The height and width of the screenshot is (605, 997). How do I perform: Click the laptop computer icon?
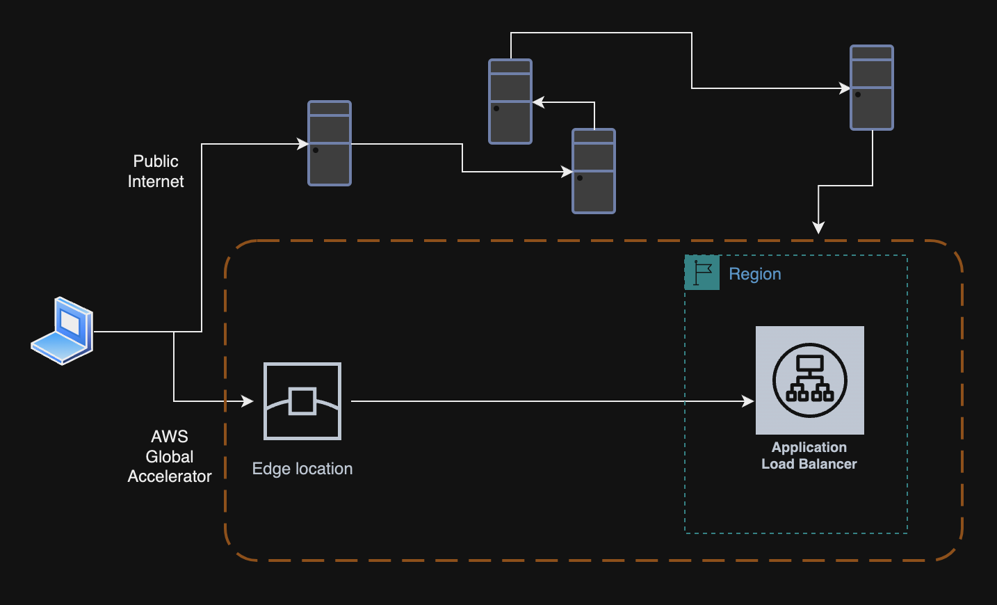tap(63, 331)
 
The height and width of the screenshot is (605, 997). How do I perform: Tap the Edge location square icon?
tap(302, 401)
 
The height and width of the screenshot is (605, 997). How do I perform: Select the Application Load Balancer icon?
tap(809, 380)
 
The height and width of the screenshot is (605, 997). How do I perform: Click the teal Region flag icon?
tap(702, 273)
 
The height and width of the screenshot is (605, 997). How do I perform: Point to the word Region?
tap(755, 274)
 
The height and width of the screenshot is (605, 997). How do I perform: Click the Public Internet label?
tap(156, 171)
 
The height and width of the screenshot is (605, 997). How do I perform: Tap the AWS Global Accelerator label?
tap(170, 456)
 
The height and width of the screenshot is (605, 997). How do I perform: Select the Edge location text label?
tap(302, 469)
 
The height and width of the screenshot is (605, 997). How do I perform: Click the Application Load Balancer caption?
tap(809, 455)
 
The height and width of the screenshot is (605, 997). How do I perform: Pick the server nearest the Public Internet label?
tap(330, 143)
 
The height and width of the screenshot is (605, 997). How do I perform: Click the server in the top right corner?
tap(871, 88)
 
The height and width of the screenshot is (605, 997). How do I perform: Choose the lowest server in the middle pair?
tap(594, 171)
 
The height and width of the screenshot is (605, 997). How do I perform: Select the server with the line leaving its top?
tap(510, 102)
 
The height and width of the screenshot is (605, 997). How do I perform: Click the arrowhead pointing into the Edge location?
tap(248, 401)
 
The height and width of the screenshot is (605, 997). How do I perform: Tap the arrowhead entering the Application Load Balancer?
tap(748, 401)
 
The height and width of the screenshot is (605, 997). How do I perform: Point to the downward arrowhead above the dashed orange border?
tap(818, 227)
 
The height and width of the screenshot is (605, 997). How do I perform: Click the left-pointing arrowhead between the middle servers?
tap(539, 102)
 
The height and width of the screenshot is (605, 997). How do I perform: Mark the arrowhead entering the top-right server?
tap(844, 88)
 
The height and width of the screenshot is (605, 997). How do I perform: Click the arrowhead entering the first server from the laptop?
tap(302, 144)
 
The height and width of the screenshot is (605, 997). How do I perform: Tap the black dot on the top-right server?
tap(858, 95)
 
